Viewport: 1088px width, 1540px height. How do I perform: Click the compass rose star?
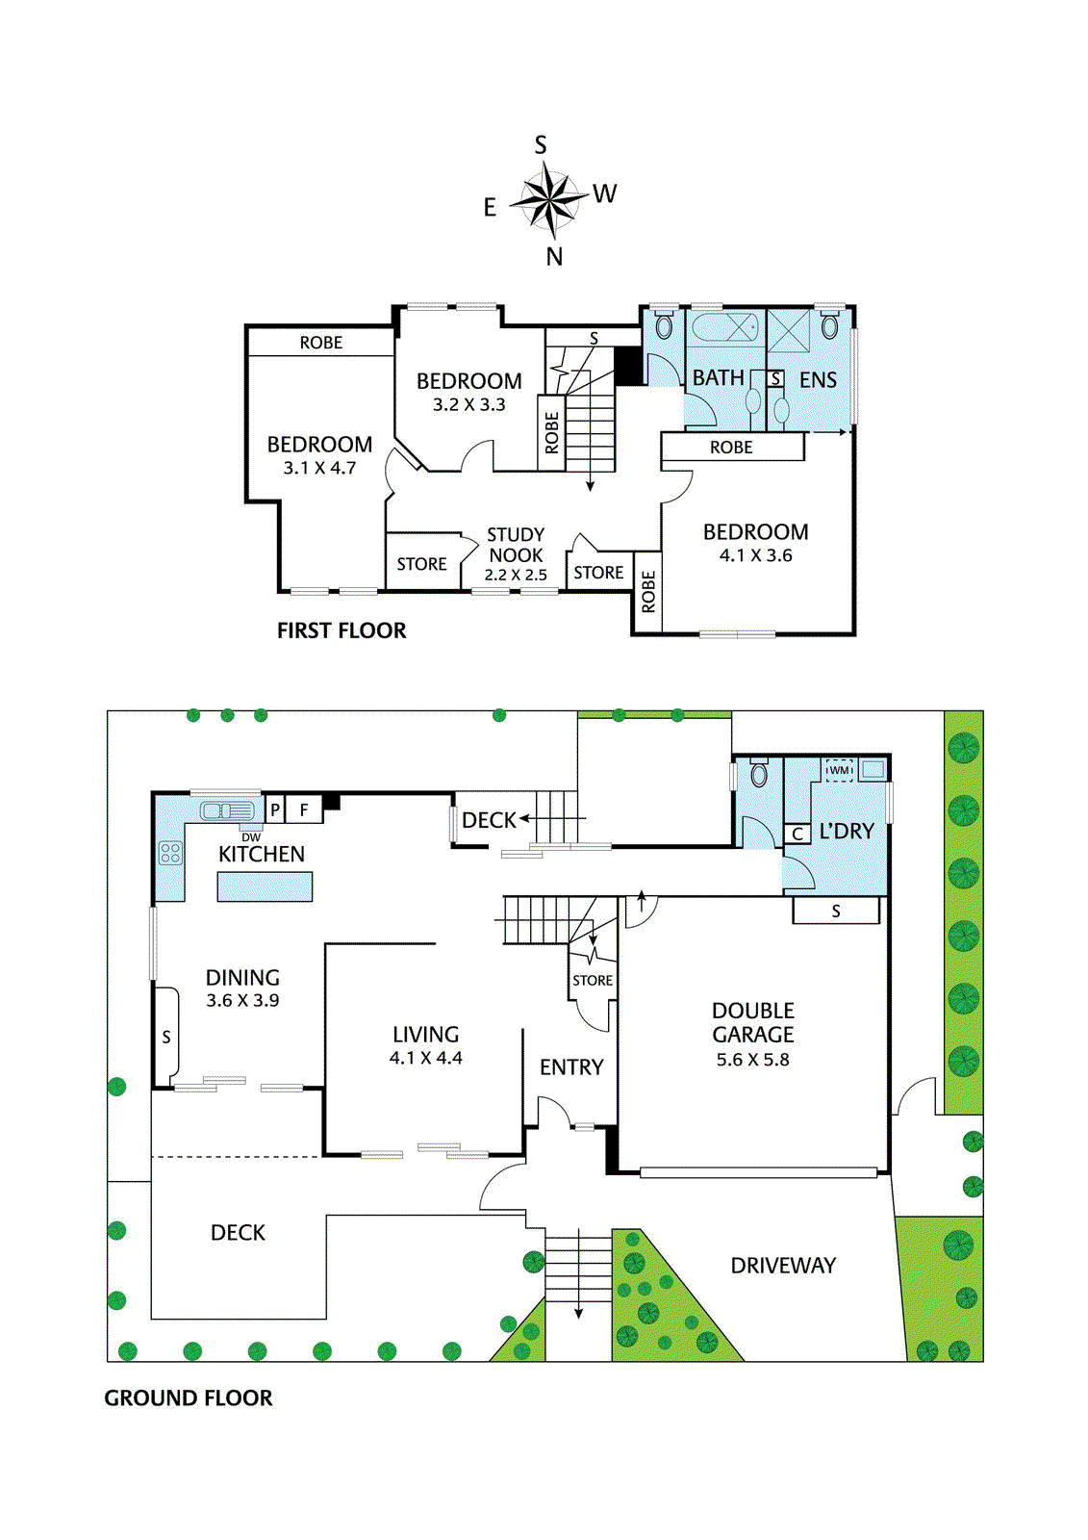coord(547,198)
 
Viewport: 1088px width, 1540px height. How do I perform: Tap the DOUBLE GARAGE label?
coord(752,1022)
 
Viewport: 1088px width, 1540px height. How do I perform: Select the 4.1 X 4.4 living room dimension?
coord(425,1058)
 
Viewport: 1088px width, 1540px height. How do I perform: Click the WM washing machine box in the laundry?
coord(839,770)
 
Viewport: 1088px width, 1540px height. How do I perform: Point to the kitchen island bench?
coord(265,886)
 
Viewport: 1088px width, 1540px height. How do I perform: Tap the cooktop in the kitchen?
coord(169,853)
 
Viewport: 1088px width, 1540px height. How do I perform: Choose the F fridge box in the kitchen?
coord(304,810)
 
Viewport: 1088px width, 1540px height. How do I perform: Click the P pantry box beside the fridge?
coord(275,810)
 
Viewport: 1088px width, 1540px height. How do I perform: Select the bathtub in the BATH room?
coord(724,326)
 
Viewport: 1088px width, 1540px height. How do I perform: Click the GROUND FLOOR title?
coord(188,1398)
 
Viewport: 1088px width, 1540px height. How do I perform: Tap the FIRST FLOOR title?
coord(341,630)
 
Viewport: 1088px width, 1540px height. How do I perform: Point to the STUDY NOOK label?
coord(516,545)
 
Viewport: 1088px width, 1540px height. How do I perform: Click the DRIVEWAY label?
coord(783,1266)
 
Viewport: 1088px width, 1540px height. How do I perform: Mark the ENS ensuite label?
coord(818,379)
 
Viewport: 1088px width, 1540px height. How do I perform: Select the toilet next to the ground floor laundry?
coord(758,774)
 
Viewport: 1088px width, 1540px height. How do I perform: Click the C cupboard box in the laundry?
coord(797,834)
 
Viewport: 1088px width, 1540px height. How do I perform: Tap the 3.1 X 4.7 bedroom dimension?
coord(319,468)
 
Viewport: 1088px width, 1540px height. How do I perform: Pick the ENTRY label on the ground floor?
coord(571,1067)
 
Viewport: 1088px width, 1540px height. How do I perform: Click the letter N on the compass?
coord(554,256)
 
